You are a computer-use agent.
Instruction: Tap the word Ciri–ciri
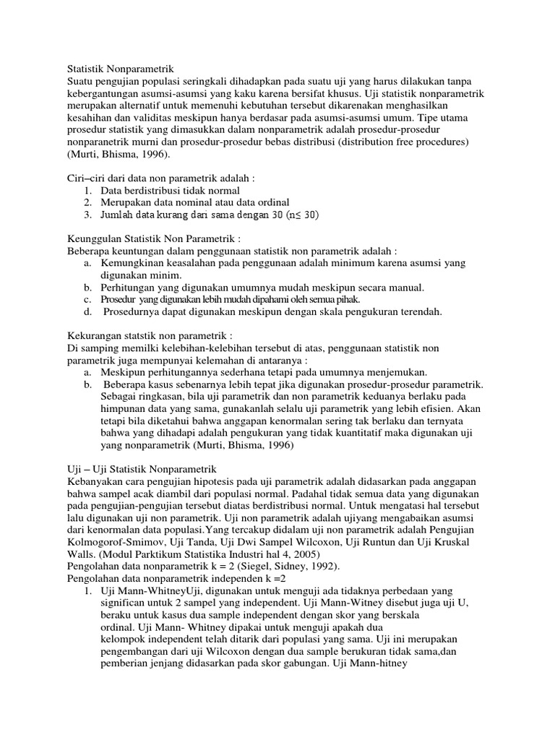tap(85, 178)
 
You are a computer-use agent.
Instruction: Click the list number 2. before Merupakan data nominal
tap(87, 202)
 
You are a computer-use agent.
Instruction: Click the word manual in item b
tap(404, 288)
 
